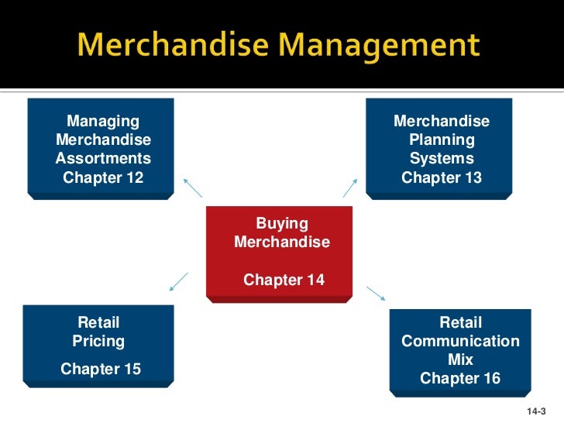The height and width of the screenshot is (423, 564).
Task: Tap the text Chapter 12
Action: tap(103, 177)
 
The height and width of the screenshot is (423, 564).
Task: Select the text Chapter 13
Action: tap(442, 177)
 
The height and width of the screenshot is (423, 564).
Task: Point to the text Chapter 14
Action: tap(284, 280)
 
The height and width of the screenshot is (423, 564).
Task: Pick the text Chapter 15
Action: tap(101, 369)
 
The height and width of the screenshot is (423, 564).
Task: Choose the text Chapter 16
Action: tap(460, 378)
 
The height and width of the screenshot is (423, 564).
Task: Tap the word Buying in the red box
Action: tap(282, 224)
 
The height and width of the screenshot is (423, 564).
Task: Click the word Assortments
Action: tap(103, 159)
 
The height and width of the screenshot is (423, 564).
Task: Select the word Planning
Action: tap(442, 140)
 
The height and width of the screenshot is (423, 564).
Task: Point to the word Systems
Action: tap(442, 159)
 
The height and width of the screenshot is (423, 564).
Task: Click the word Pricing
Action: tap(98, 341)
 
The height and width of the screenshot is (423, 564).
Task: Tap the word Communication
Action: tap(460, 341)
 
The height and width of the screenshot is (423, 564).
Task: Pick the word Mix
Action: tap(460, 359)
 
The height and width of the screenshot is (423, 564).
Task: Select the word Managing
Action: tap(103, 122)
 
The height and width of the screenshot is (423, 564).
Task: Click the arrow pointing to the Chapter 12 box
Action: tap(192, 187)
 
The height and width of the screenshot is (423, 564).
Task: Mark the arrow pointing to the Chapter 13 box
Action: tap(350, 187)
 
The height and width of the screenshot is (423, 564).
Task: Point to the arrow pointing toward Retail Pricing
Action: tap(179, 281)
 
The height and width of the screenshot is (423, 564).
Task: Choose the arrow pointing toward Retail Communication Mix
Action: tap(376, 294)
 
